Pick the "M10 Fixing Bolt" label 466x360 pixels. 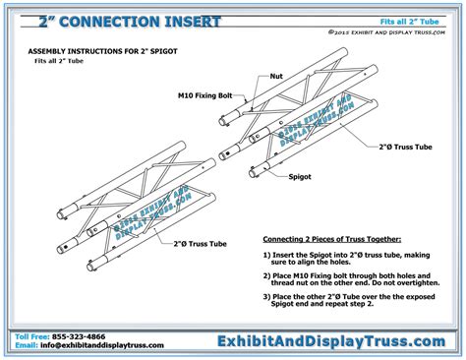pyautogui.click(x=206, y=96)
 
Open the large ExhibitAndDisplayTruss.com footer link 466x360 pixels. pyautogui.click(x=331, y=340)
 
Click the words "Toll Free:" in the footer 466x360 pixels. pyautogui.click(x=32, y=335)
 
